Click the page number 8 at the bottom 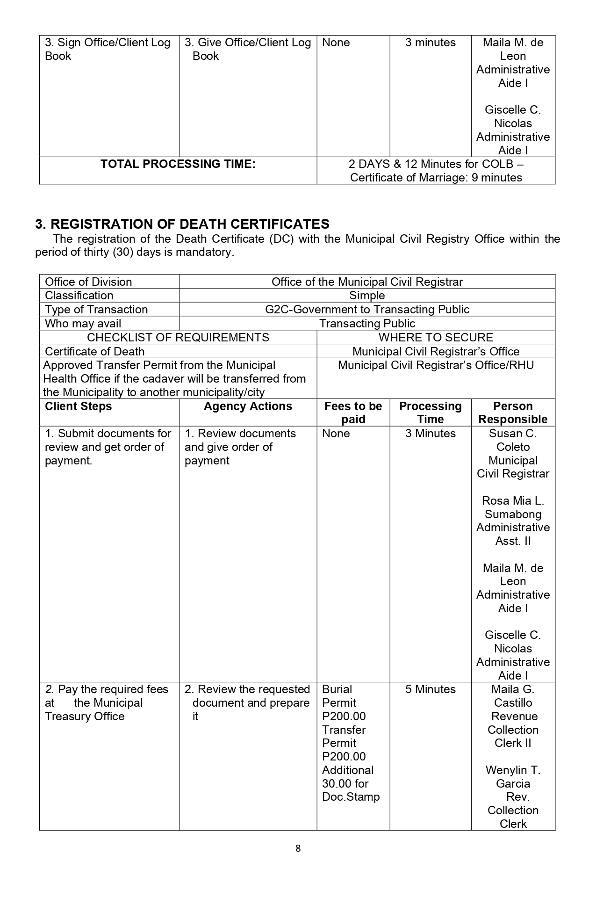pos(298,848)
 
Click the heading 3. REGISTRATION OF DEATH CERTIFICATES pos(182,224)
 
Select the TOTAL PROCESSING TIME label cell pos(178,164)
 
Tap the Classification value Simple pos(367,296)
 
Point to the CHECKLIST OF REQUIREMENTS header pos(178,338)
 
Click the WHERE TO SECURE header pos(436,338)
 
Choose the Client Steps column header pos(79,406)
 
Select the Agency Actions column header pos(248,406)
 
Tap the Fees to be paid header pos(353,413)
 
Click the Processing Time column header pos(430,413)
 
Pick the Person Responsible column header pos(513,413)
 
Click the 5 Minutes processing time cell pos(430,689)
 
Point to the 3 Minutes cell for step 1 pos(430,434)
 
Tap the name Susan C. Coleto pos(513,440)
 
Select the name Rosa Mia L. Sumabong pos(513,507)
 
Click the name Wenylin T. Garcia pos(513,777)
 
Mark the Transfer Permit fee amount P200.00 pos(344,757)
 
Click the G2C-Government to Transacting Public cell pos(367,310)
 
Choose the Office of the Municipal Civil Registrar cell pos(367,282)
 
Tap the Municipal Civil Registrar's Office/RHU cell pos(436,365)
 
